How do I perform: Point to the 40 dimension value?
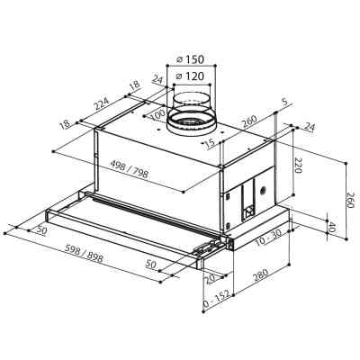pos(330,227)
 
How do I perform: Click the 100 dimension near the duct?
pos(160,116)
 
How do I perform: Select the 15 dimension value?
pos(209,143)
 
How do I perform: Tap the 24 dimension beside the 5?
pos(309,128)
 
